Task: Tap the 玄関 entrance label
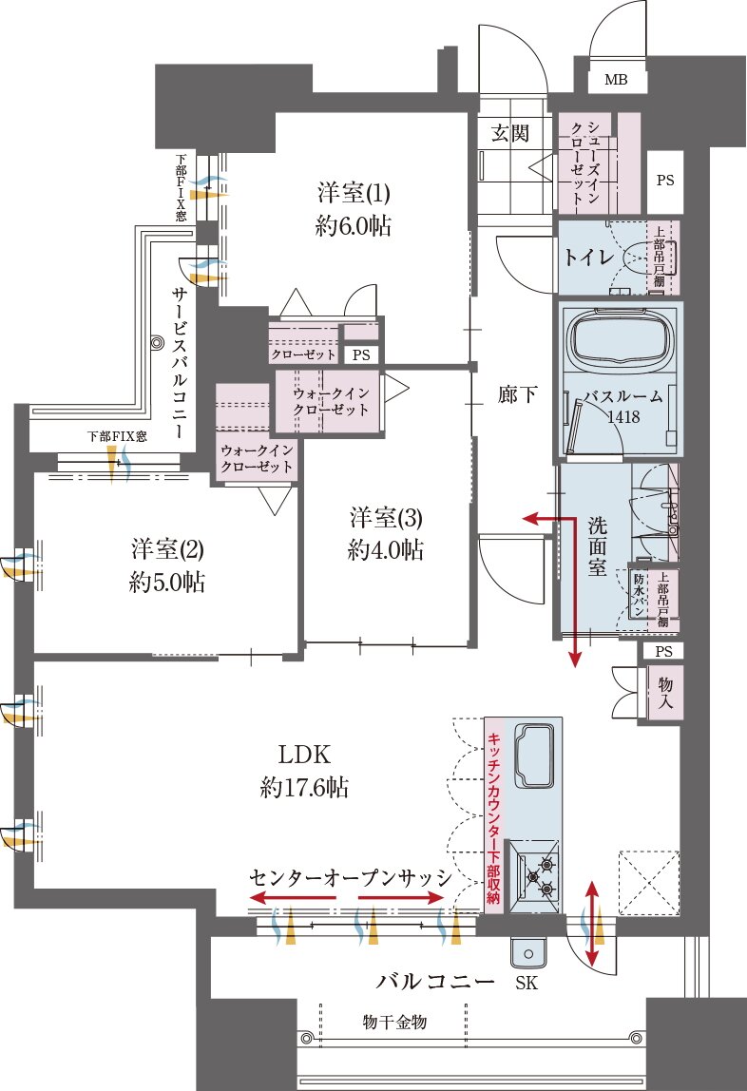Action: point(509,132)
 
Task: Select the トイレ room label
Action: point(588,257)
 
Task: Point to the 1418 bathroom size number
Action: point(623,417)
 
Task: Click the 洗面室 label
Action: point(598,545)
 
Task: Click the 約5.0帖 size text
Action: point(167,582)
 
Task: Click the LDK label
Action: point(303,756)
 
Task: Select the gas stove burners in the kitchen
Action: point(537,876)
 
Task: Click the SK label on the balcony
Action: point(526,984)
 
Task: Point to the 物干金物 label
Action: point(394,1023)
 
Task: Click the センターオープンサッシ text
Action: point(348,875)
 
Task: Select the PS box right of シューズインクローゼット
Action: point(664,180)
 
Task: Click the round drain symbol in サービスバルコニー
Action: point(157,342)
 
